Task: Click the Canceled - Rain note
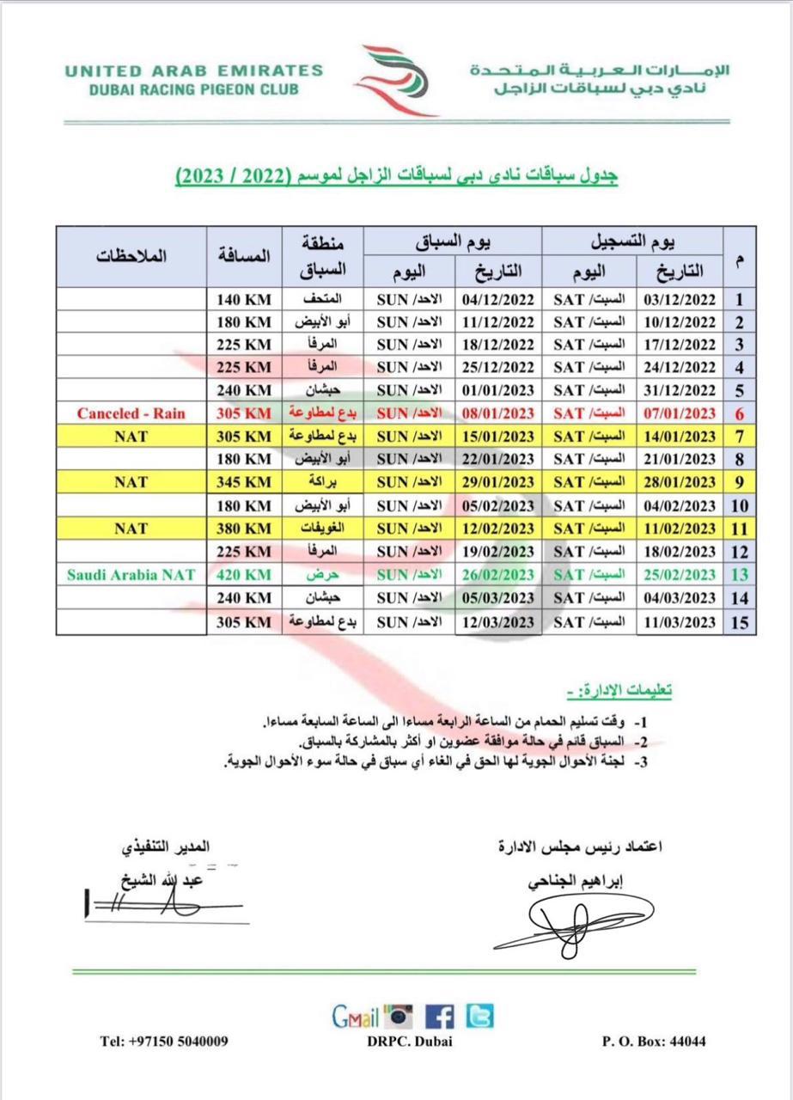tap(131, 413)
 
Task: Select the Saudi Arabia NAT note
tap(131, 575)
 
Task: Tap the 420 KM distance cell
tap(244, 575)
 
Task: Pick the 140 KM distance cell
tap(244, 300)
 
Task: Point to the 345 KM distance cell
tap(244, 482)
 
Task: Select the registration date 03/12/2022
tap(679, 300)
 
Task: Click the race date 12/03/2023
tap(498, 621)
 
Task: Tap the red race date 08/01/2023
tap(498, 413)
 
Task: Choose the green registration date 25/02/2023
tap(679, 575)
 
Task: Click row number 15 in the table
tap(739, 622)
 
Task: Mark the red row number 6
tap(739, 413)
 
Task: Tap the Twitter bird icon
tap(479, 1017)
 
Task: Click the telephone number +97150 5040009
tap(164, 1042)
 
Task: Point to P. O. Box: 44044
tap(654, 1042)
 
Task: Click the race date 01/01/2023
tap(498, 390)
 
